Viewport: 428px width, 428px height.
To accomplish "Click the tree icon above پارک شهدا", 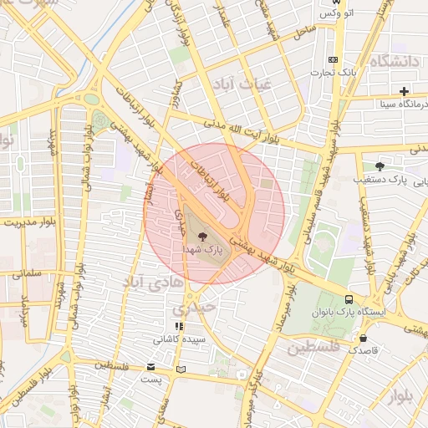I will click(x=204, y=237).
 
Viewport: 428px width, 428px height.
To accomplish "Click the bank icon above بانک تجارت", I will click(x=333, y=59).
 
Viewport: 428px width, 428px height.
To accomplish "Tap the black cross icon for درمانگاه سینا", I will click(x=405, y=91).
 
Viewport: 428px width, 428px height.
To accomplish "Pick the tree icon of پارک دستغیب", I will click(x=380, y=166).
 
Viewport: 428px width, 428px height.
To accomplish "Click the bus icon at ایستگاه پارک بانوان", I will click(x=348, y=298).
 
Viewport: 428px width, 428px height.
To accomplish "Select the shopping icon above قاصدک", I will click(x=363, y=338).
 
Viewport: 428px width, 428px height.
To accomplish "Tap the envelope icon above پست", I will click(x=150, y=366).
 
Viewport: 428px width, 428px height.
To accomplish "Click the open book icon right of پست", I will click(x=181, y=369).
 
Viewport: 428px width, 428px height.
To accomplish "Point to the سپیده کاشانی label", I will click(x=176, y=340).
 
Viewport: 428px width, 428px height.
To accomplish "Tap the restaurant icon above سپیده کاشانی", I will click(x=178, y=327).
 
